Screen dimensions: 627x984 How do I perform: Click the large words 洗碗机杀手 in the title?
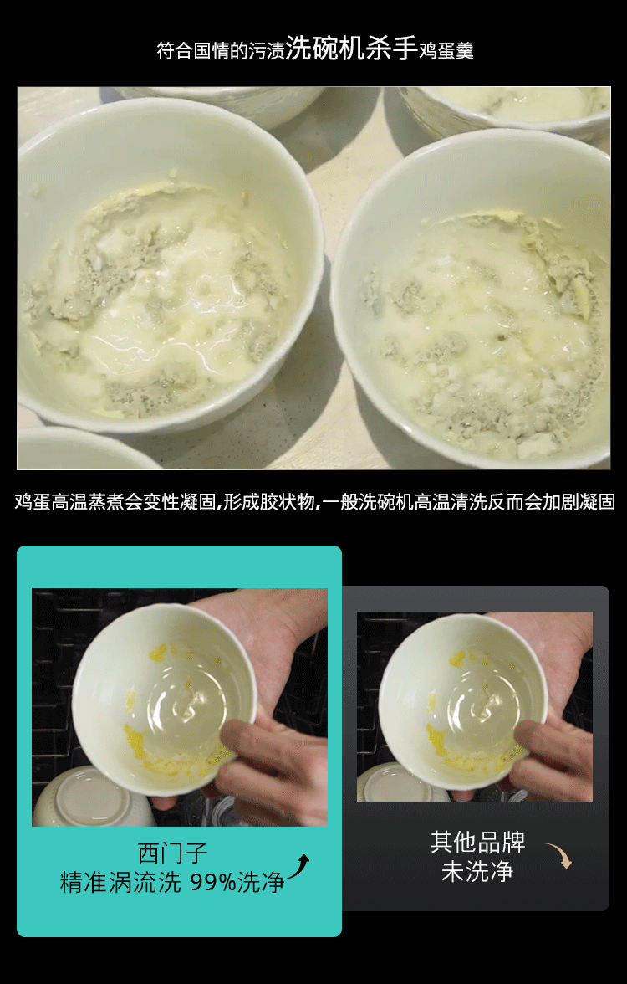click(352, 48)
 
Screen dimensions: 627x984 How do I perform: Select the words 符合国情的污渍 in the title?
click(221, 50)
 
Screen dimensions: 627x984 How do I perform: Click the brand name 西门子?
click(172, 853)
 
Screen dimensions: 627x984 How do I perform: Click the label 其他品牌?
click(478, 842)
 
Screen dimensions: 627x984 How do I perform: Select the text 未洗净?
click(478, 871)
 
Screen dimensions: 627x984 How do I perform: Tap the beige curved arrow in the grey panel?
click(559, 855)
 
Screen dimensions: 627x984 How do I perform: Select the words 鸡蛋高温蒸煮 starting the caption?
click(69, 502)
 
